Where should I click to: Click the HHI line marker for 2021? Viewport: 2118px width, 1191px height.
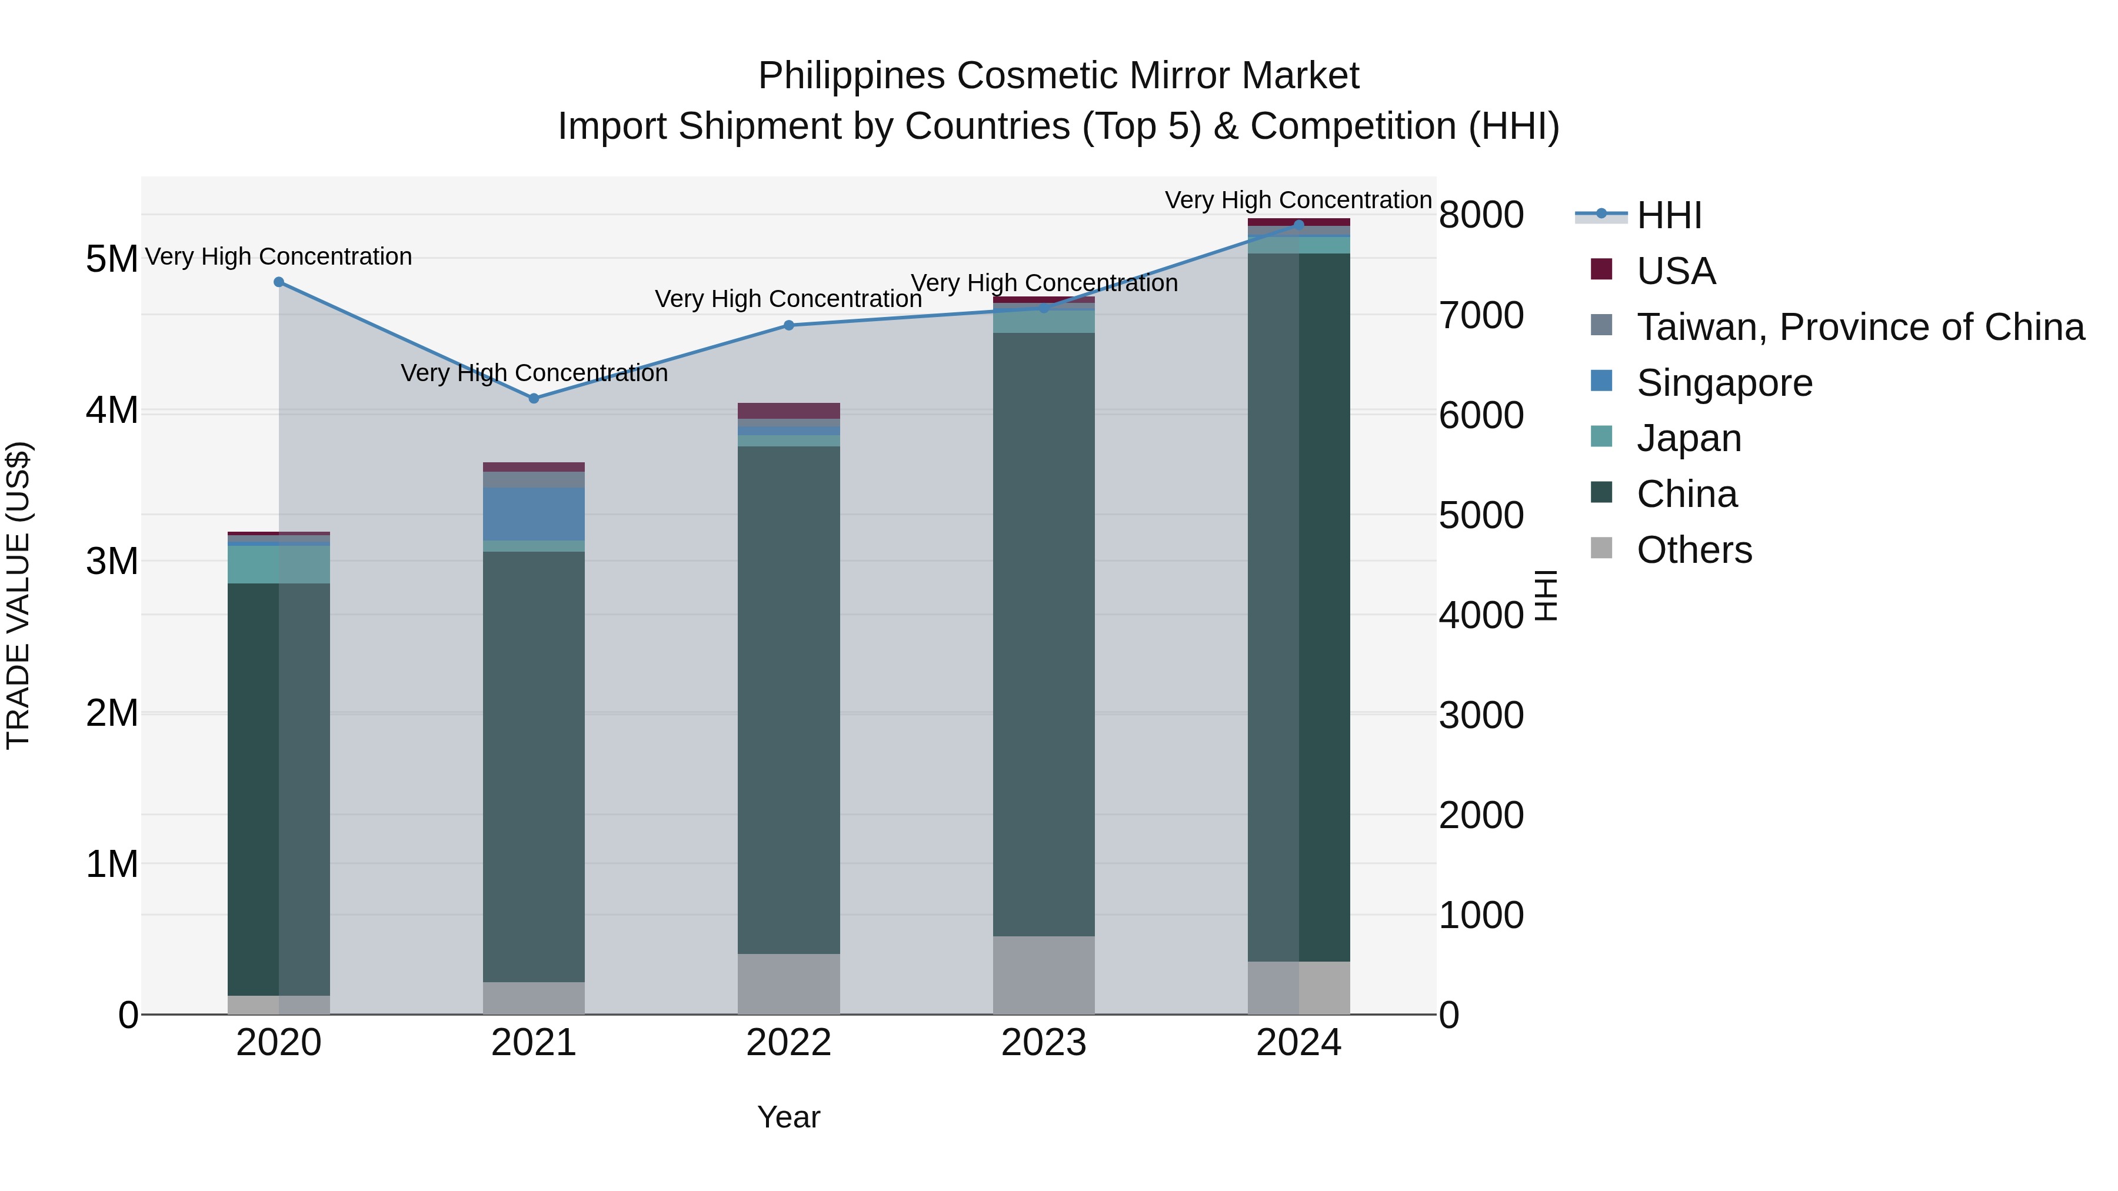534,398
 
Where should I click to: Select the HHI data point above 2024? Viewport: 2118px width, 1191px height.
1298,225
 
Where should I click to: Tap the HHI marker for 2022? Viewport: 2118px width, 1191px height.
788,325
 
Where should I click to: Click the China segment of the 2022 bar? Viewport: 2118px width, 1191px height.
788,699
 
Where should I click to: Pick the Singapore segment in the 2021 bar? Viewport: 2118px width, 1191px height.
534,513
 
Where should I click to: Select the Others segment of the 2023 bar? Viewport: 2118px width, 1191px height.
1043,975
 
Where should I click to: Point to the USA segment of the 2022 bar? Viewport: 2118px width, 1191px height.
788,410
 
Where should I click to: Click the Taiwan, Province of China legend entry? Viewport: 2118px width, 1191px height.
1860,327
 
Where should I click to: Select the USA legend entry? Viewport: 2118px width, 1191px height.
1676,271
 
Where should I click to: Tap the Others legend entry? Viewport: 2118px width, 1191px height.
1694,550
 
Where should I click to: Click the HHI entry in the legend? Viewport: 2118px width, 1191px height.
1669,215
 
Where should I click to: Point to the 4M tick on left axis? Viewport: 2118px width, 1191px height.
112,410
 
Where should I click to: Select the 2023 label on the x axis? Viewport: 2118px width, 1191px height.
1043,1043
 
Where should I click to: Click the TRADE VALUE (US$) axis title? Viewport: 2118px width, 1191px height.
18,596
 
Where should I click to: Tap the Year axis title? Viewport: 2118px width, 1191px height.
788,1117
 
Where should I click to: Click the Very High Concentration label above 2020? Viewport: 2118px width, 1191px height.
278,256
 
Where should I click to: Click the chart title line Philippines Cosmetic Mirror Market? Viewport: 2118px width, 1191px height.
1058,76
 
